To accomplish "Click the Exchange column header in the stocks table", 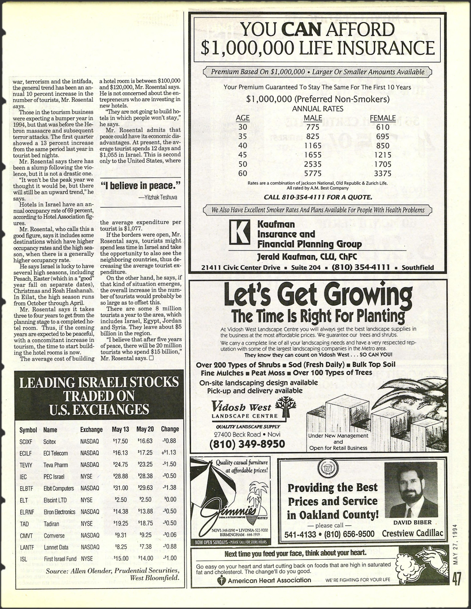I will [91, 429].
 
